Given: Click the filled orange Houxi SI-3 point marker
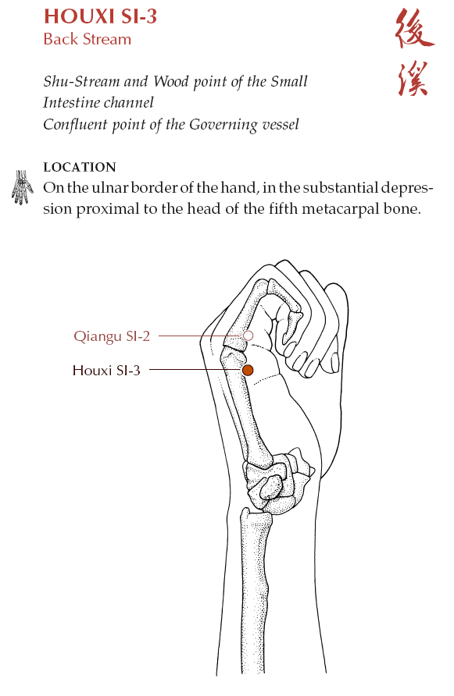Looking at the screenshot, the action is click(x=248, y=370).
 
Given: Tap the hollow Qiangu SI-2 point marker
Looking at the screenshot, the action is click(x=248, y=336).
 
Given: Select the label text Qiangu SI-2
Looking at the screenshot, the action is click(x=112, y=336).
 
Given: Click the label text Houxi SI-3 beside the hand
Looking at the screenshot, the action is click(x=106, y=370).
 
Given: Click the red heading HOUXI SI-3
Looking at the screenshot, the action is click(x=101, y=16).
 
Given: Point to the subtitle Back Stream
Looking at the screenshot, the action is click(x=88, y=39).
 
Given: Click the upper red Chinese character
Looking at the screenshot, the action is click(x=413, y=29).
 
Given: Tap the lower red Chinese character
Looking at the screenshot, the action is click(x=413, y=79).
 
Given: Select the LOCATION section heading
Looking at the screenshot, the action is click(x=80, y=167).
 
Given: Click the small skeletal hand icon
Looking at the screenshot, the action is click(x=22, y=187).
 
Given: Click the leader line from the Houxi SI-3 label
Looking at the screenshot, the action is click(x=195, y=370).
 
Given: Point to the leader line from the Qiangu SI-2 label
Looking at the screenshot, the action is click(x=201, y=336).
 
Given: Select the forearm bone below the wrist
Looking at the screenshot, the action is click(x=255, y=591).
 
